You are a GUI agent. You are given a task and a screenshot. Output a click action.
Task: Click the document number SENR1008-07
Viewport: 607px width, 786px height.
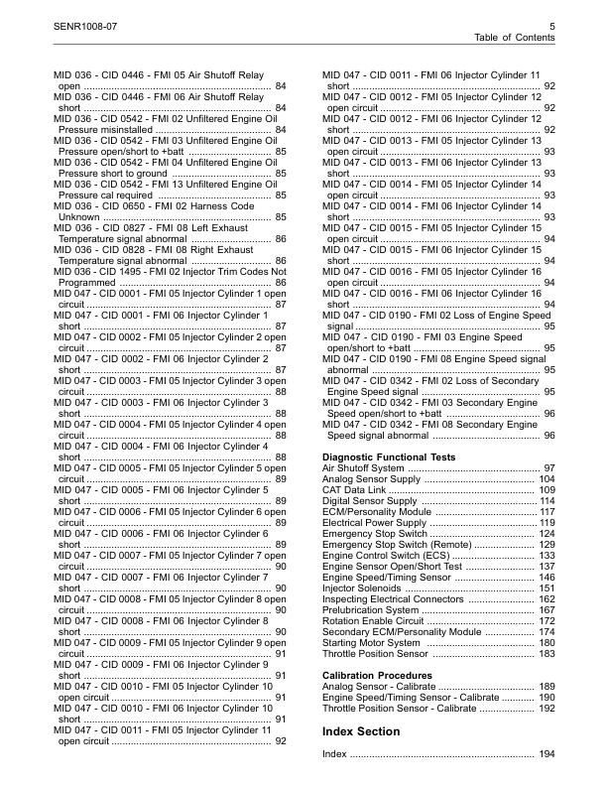click(x=91, y=23)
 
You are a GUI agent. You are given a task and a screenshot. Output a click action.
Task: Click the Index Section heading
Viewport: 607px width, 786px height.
click(x=364, y=731)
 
